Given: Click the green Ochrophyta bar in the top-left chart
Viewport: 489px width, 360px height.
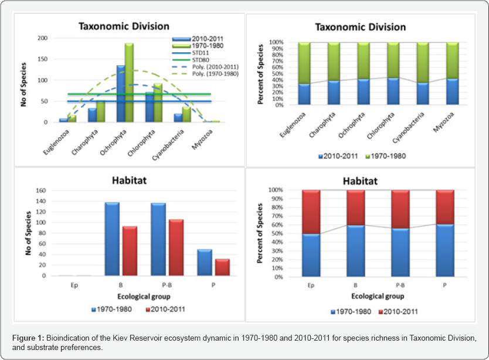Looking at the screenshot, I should click(x=129, y=82).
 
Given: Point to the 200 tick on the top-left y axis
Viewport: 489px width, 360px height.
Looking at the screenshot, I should click(x=43, y=38).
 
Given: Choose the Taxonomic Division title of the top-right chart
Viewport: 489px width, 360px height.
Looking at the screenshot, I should click(x=360, y=27).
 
